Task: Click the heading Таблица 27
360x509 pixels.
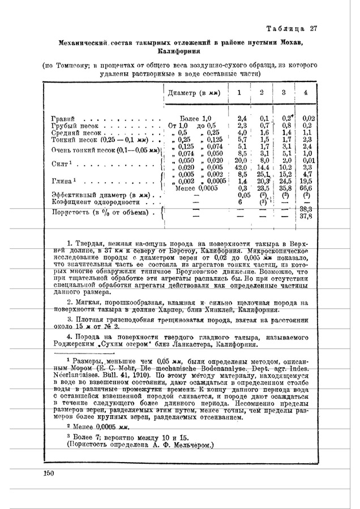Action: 293,29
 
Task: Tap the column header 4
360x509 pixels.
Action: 306,93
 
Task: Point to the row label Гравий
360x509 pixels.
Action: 63,118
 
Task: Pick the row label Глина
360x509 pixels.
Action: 63,181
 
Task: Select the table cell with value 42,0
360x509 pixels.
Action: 242,167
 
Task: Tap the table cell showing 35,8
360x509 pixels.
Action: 285,188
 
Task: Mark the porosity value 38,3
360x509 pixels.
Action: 306,209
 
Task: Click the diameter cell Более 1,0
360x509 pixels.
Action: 193,118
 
